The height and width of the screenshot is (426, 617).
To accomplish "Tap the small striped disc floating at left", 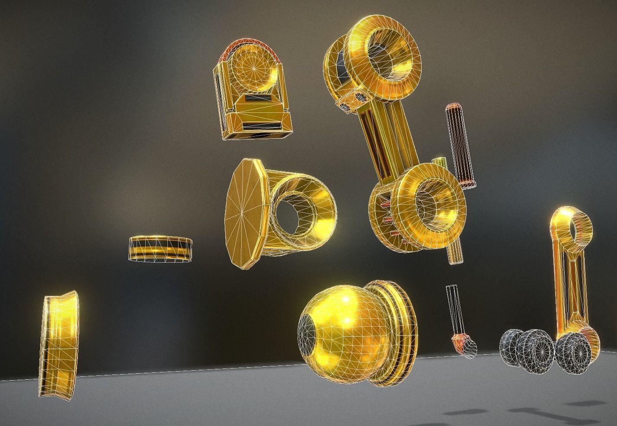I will click(x=160, y=248).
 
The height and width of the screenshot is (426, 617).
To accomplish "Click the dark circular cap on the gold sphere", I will click(x=308, y=341).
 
